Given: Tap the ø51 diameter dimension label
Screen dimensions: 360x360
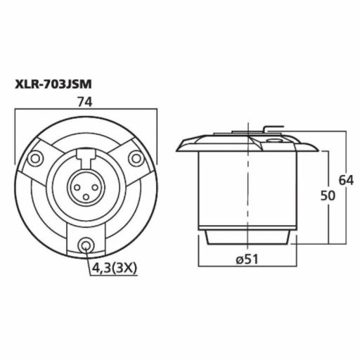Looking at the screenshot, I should tap(248, 260).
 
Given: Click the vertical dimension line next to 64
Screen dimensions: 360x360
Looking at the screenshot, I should tap(347, 211).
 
